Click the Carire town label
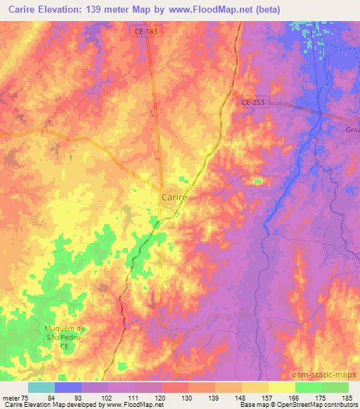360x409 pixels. click(x=174, y=197)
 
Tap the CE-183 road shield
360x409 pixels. click(x=143, y=32)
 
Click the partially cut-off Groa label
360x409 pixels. click(x=352, y=130)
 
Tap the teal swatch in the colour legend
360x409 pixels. click(x=41, y=387)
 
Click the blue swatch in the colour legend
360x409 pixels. click(x=68, y=387)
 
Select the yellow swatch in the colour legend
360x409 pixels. click(x=281, y=387)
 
